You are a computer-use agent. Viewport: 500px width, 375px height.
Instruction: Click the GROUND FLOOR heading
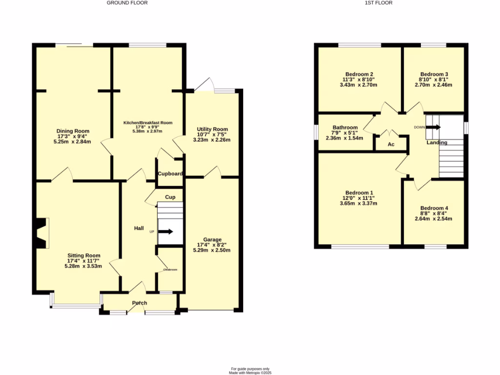(127, 3)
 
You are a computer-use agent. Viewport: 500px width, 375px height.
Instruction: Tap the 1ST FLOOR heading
(378, 3)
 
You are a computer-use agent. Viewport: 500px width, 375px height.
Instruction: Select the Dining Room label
(73, 131)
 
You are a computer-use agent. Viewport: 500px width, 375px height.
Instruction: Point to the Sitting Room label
(84, 255)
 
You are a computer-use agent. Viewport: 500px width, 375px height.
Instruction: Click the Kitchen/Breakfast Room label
(148, 123)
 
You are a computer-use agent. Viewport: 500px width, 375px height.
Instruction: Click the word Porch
(140, 303)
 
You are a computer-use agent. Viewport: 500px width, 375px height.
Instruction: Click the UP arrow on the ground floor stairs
(166, 231)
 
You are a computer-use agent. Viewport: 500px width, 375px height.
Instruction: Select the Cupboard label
(170, 174)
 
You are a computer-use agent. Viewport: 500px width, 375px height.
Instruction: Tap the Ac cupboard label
(391, 145)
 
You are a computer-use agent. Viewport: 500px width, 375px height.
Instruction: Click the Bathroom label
(345, 127)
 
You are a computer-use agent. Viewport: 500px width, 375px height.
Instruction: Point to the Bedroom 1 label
(359, 192)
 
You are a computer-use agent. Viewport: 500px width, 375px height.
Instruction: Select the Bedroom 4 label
(434, 208)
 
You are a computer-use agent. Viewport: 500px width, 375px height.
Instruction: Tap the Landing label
(437, 143)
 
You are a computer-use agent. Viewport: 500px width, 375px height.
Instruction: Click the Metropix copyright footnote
(250, 373)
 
